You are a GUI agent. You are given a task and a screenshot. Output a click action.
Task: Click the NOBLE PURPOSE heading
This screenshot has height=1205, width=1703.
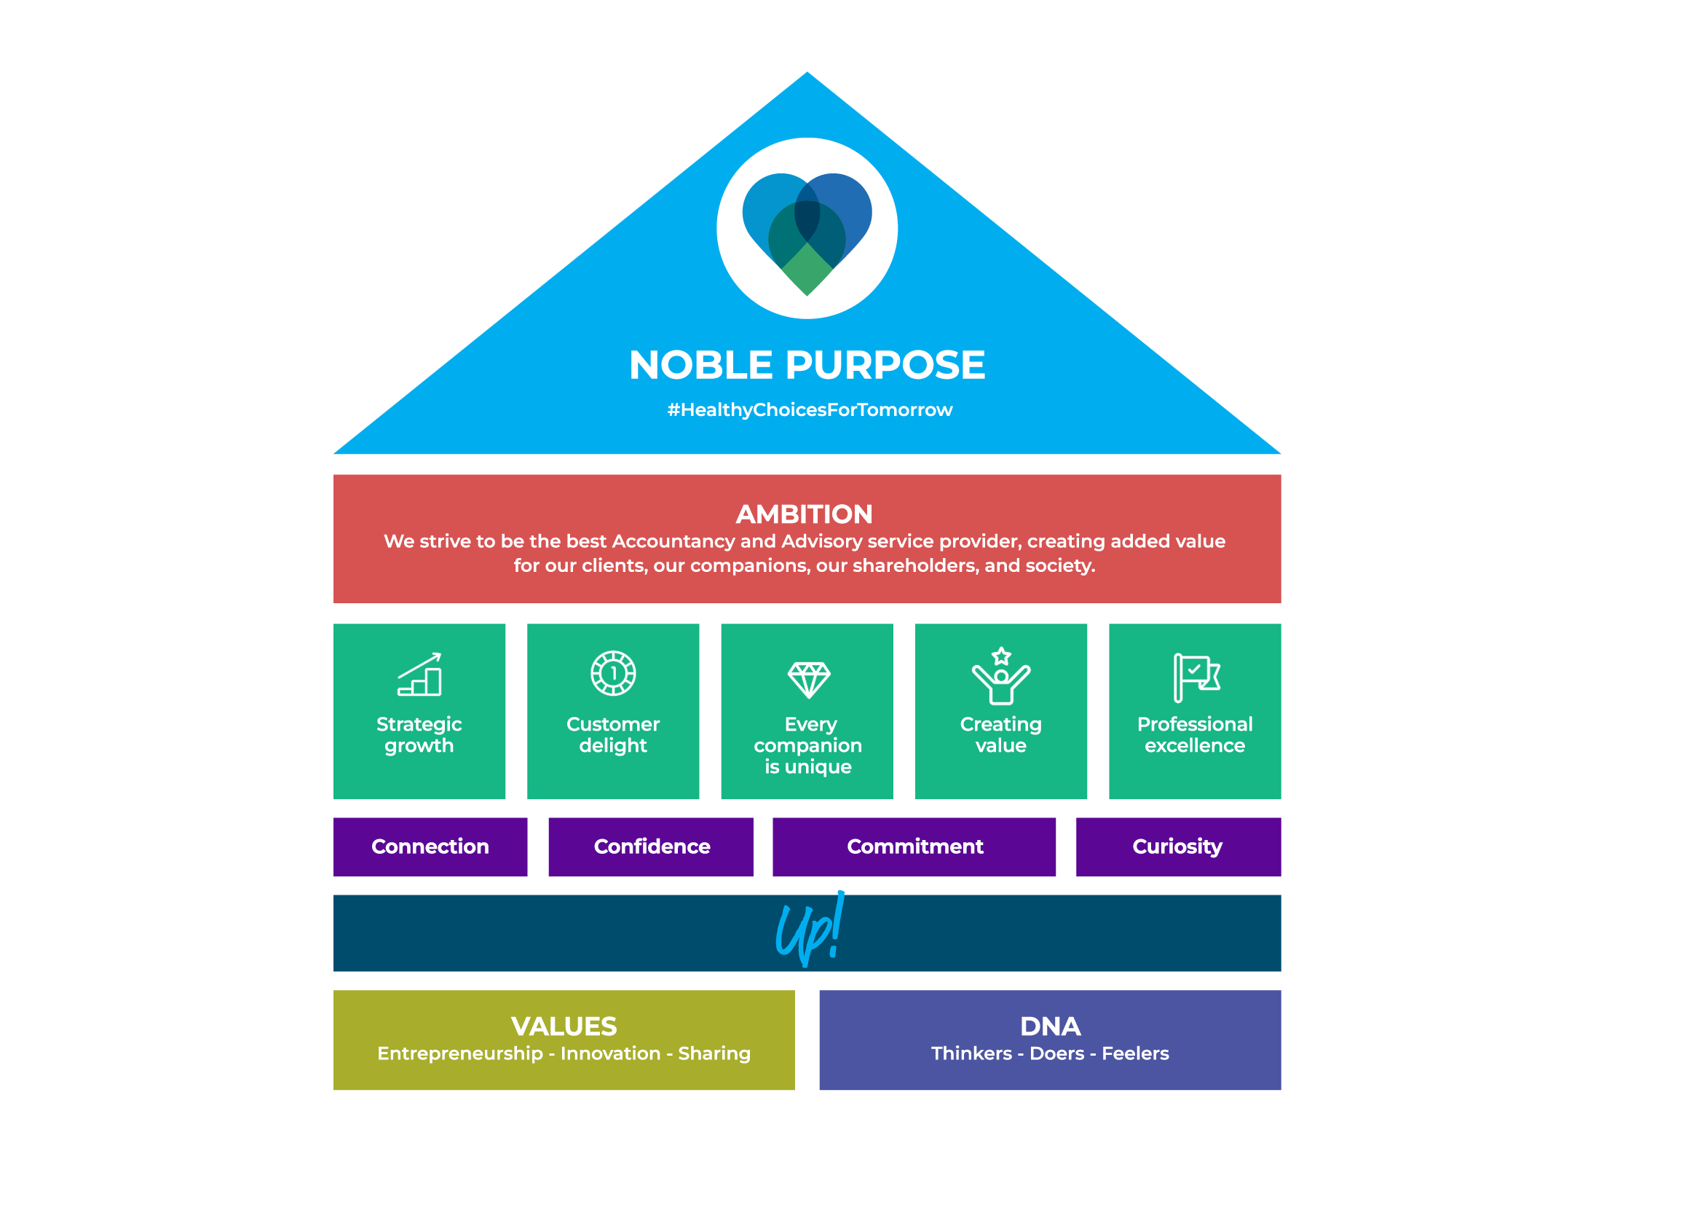pos(807,365)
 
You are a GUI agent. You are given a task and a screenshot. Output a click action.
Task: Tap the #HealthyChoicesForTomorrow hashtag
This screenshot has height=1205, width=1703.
pos(809,409)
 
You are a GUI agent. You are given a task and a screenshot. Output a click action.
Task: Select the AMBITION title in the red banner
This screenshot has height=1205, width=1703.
pos(804,514)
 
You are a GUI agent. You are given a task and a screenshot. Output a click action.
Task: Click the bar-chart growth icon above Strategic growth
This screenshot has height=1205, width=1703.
pos(420,675)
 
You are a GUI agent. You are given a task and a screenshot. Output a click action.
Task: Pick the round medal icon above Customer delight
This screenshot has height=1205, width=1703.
pos(612,673)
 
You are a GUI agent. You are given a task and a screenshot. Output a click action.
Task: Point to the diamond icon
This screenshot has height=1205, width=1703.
pos(808,679)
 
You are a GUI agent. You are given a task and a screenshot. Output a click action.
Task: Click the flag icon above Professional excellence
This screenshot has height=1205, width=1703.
pos(1196,677)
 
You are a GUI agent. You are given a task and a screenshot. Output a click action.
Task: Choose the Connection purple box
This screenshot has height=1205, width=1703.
pos(430,847)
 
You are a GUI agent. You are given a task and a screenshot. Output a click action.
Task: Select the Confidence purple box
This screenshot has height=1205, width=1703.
pos(651,847)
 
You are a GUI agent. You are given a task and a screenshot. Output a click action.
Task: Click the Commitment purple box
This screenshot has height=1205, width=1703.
pos(914,847)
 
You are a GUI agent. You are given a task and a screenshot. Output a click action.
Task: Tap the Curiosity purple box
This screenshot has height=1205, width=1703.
pos(1178,847)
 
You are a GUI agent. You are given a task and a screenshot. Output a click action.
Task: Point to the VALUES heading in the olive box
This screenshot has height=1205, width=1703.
pos(564,1027)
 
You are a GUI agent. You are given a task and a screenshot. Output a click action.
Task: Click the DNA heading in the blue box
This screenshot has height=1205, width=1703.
pos(1051,1027)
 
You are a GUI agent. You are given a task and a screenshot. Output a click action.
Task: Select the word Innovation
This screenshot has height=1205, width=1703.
pos(610,1053)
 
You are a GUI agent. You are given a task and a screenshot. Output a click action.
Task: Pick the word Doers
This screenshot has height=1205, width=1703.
pos(1057,1053)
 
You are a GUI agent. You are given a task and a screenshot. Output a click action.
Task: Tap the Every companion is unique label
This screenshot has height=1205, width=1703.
pos(807,745)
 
